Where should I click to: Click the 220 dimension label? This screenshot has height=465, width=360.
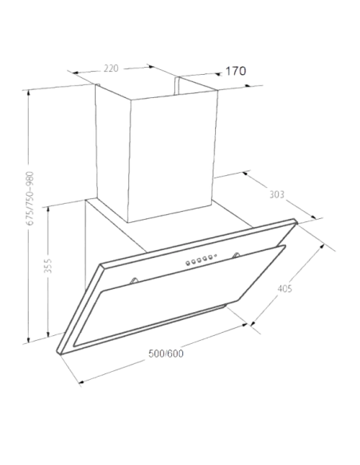pyautogui.click(x=111, y=68)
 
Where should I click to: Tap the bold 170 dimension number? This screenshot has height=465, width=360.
pyautogui.click(x=236, y=71)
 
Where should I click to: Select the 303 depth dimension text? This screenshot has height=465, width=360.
pyautogui.click(x=276, y=194)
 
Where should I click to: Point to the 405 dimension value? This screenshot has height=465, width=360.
pyautogui.click(x=284, y=288)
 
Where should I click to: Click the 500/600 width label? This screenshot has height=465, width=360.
pyautogui.click(x=166, y=354)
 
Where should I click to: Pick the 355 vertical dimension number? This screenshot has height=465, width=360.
pyautogui.click(x=48, y=266)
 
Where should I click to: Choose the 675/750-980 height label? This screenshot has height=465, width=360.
pyautogui.click(x=30, y=198)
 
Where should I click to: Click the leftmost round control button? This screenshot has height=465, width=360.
pyautogui.click(x=188, y=263)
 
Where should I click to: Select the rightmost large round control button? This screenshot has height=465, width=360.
pyautogui.click(x=209, y=257)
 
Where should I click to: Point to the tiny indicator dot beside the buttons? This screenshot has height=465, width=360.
pyautogui.click(x=216, y=256)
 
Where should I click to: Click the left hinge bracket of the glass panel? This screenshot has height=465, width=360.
pyautogui.click(x=134, y=280)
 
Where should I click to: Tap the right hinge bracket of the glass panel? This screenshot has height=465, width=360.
pyautogui.click(x=237, y=255)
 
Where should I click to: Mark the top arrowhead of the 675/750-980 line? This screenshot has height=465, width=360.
pyautogui.click(x=29, y=92)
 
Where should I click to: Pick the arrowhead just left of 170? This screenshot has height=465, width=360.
pyautogui.click(x=218, y=74)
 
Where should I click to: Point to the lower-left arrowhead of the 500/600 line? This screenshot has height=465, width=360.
pyautogui.click(x=81, y=382)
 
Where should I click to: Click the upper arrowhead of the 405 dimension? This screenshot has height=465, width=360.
pyautogui.click(x=322, y=247)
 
